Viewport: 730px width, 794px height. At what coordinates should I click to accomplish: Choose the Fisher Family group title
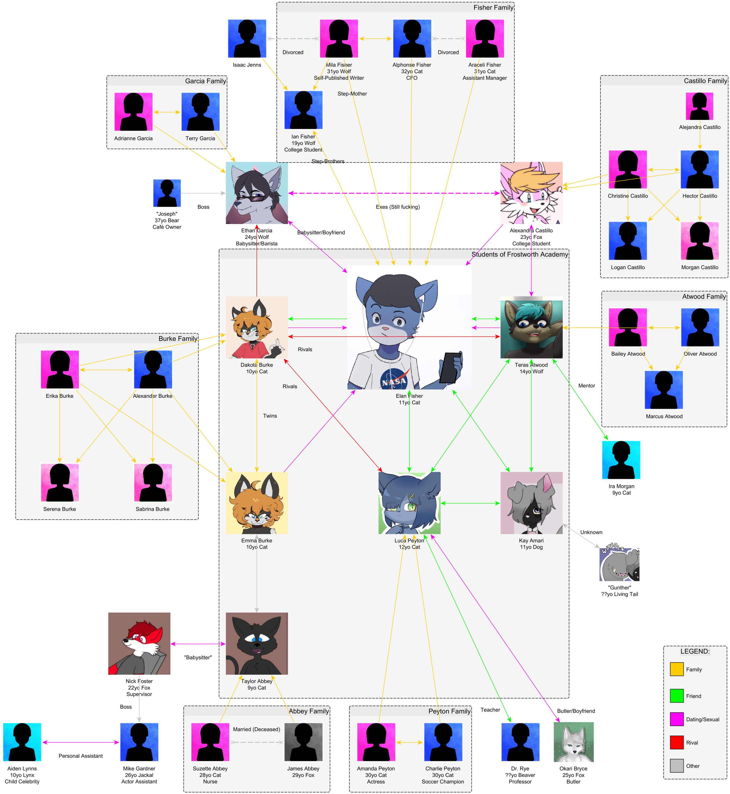(x=493, y=7)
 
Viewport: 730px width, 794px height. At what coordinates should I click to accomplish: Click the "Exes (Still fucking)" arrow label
(x=397, y=207)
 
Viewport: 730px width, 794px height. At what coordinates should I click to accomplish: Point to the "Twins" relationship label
(x=270, y=416)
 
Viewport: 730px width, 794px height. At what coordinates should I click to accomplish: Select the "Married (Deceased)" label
(x=256, y=729)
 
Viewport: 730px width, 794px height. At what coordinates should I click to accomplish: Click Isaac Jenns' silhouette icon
(x=247, y=38)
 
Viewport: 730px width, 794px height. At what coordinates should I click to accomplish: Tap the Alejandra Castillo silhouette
(x=699, y=106)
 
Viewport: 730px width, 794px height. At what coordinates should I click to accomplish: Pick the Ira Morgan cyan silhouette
(x=621, y=460)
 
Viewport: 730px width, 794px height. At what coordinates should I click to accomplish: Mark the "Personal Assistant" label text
(x=80, y=756)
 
